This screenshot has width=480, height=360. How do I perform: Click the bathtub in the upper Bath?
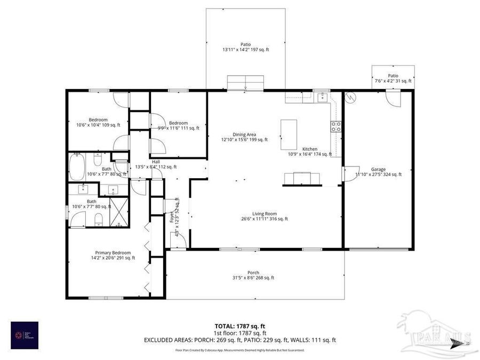[x=76, y=166]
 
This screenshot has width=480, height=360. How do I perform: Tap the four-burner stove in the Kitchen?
[x=336, y=126]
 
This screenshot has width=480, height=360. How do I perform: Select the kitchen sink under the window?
[x=322, y=97]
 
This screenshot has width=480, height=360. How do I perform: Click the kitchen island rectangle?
[x=289, y=135]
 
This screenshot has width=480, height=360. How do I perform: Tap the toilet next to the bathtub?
[x=98, y=159]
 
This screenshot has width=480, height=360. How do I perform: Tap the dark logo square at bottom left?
[x=25, y=335]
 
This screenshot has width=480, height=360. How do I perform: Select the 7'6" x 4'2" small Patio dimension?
[x=393, y=81]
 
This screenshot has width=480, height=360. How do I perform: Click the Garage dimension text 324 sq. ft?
[x=379, y=174]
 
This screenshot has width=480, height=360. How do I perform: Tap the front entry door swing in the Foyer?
[x=178, y=241]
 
